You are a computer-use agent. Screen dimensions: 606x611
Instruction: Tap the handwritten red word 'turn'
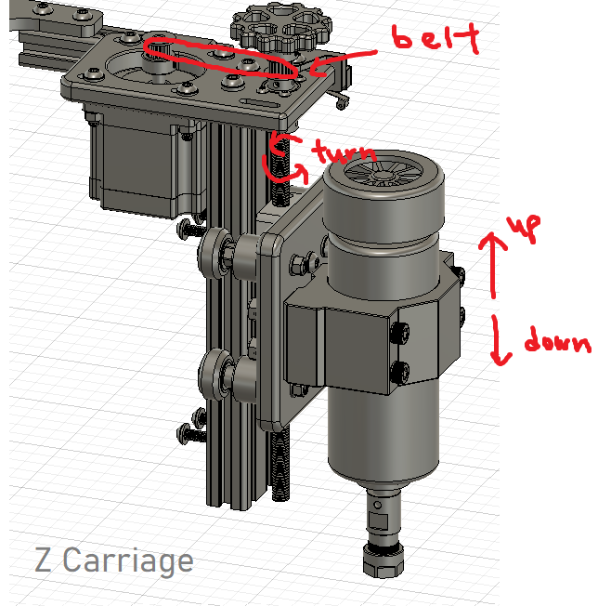click(x=344, y=152)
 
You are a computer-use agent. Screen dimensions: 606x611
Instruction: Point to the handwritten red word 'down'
click(x=556, y=342)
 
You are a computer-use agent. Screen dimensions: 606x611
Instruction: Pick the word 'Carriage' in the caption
click(x=130, y=560)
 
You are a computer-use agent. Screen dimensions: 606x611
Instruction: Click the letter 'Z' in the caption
click(x=44, y=560)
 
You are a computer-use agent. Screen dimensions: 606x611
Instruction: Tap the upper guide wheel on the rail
click(x=219, y=252)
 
